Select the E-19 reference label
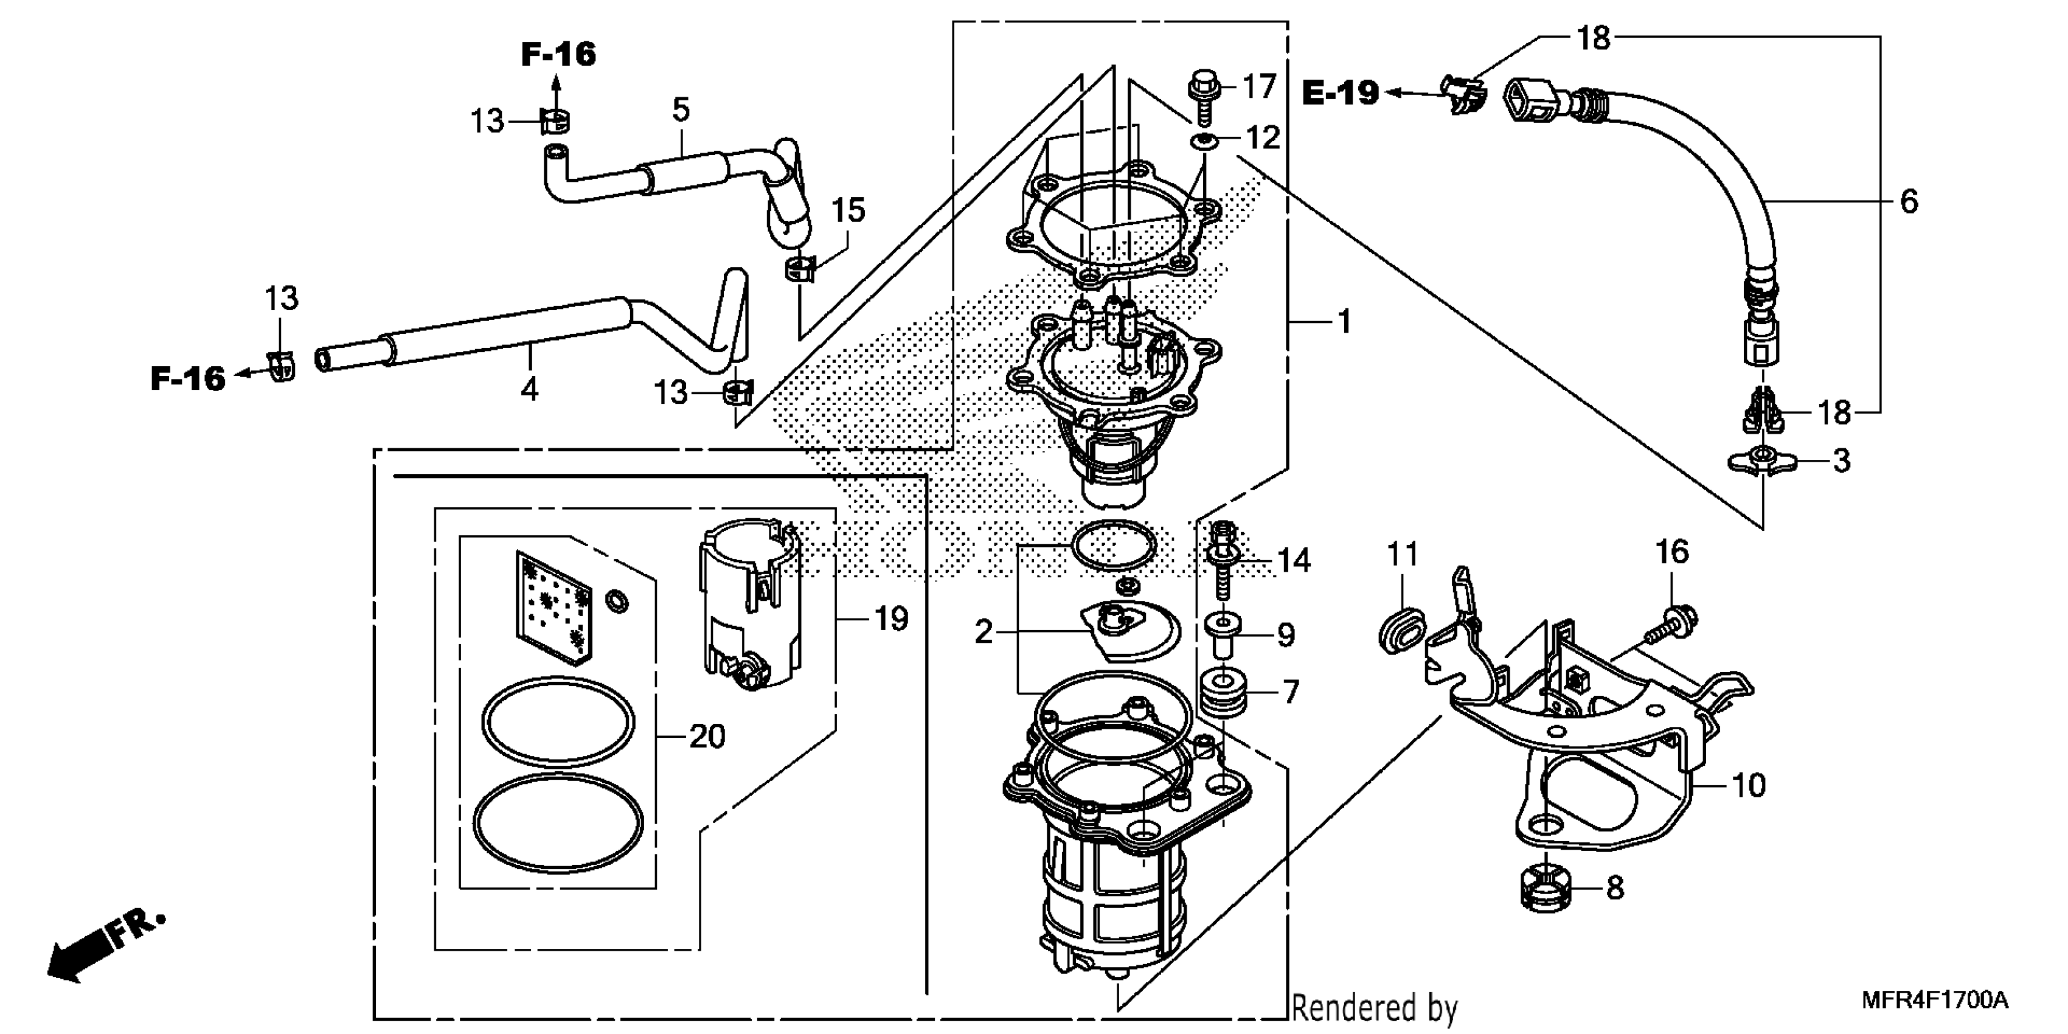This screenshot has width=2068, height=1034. click(1340, 93)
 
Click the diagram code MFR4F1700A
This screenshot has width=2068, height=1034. click(1934, 1001)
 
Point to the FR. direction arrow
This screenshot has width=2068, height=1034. click(105, 947)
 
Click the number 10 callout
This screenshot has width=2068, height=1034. click(1749, 785)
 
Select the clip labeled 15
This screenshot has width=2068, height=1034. click(800, 268)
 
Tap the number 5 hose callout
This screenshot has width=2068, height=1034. click(681, 109)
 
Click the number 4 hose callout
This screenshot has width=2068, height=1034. click(529, 389)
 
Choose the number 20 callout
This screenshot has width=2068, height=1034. click(707, 736)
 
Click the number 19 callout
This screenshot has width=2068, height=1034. click(891, 619)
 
